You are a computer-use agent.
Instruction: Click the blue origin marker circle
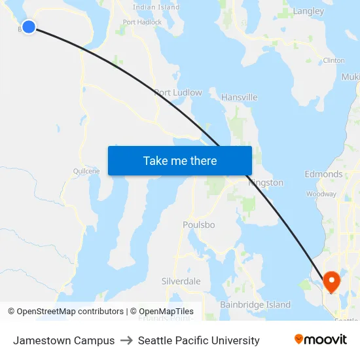[28, 27]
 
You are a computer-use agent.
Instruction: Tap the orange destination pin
[332, 281]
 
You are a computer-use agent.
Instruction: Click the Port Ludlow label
[178, 93]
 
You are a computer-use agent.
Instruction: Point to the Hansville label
[239, 98]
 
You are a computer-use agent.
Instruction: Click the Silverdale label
[181, 281]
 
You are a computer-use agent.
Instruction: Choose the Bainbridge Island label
[255, 305]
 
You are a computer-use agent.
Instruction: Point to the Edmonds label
[323, 174]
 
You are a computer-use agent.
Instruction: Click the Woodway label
[321, 194]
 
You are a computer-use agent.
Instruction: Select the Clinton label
[334, 60]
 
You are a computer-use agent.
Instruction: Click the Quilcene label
[86, 171]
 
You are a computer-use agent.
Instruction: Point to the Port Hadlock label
[142, 22]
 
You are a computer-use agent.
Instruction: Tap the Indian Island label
[156, 7]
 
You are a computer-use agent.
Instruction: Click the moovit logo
[320, 340]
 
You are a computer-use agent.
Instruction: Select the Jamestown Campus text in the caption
[63, 340]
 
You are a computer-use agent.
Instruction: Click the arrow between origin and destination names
[126, 340]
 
